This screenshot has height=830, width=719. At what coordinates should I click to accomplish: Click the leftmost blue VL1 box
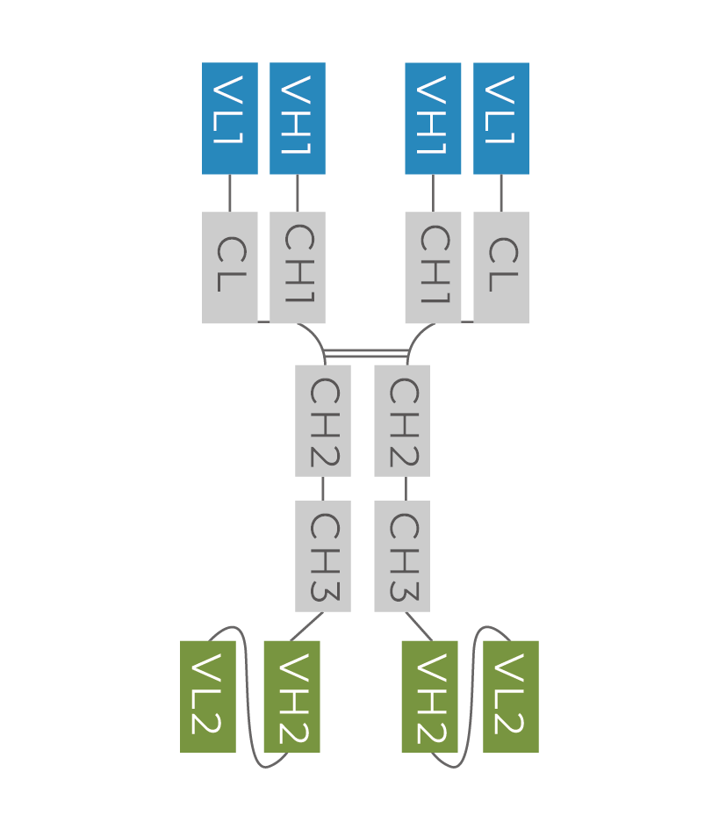230,119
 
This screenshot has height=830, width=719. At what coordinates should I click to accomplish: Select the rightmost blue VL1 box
501,119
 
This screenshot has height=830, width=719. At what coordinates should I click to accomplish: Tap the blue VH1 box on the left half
298,119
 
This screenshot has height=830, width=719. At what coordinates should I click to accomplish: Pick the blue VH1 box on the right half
433,119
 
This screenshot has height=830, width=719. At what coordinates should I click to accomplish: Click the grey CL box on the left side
230,268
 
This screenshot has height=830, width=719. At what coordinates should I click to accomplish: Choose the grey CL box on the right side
501,268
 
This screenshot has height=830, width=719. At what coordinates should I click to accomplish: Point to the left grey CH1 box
298,268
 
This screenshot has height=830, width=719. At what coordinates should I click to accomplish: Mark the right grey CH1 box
433,268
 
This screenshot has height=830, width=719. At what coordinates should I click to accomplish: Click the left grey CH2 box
323,421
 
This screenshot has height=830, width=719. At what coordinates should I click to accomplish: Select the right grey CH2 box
402,421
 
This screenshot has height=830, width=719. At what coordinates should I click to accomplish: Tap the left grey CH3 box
323,556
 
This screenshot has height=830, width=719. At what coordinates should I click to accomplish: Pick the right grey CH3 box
402,556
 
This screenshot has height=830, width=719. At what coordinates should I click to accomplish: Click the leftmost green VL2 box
208,696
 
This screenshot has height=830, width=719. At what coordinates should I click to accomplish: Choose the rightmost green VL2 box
511,696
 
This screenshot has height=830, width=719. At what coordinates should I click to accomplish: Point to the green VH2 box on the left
291,696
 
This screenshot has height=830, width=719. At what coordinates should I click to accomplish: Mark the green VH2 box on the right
429,696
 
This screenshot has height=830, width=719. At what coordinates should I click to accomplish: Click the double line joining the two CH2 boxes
366,353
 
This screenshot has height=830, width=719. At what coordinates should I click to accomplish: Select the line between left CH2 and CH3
323,489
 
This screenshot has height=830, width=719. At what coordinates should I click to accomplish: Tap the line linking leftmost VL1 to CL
230,193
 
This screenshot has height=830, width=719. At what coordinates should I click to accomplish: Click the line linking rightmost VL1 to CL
501,193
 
